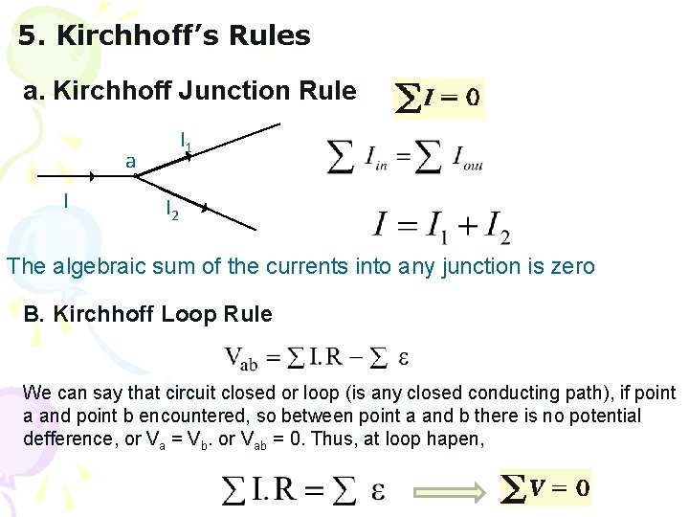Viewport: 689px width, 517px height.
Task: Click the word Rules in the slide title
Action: pos(269,36)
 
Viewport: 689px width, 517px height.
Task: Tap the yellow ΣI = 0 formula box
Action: pos(439,98)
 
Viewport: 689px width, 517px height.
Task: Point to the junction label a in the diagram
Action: pos(131,161)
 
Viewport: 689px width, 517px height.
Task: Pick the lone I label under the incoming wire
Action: pos(64,200)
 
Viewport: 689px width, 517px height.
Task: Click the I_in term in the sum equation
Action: pos(376,157)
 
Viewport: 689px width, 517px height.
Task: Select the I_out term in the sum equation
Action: pos(466,158)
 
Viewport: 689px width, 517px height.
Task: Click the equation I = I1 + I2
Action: pos(441,227)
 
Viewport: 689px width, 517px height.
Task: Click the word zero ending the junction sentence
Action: pos(571,266)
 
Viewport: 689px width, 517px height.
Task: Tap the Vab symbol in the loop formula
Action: pos(240,359)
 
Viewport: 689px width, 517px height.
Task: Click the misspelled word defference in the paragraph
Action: pos(64,438)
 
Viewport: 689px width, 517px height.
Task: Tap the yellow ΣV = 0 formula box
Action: pos(545,489)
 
